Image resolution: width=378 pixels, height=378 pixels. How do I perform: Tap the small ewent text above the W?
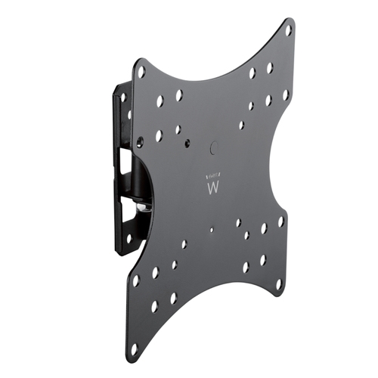point(211,174)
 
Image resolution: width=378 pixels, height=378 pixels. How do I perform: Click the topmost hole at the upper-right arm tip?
point(288,30)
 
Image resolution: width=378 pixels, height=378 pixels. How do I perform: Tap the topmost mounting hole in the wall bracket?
point(122,96)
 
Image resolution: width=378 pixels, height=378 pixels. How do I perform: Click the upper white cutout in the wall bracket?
point(119,160)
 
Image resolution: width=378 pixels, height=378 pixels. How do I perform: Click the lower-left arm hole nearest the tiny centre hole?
point(184,245)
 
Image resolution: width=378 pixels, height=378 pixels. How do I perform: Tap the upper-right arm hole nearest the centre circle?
point(242,125)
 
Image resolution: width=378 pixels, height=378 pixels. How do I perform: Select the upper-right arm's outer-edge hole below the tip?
point(287,95)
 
